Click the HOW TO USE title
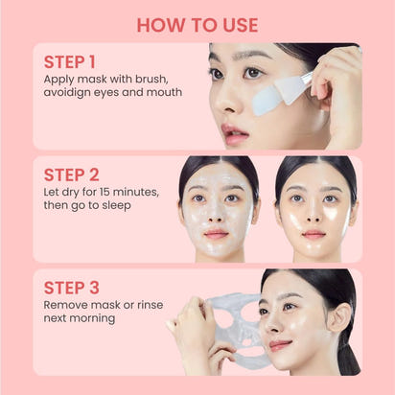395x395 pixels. (x=197, y=24)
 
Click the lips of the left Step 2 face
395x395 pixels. (x=217, y=233)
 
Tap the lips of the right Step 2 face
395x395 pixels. (x=314, y=233)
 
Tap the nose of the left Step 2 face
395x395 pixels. (x=217, y=215)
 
